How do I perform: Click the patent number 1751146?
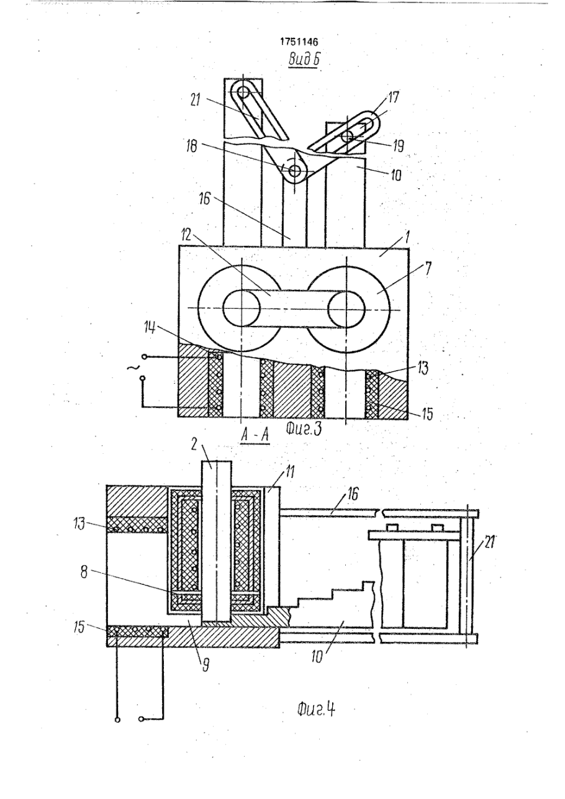299,42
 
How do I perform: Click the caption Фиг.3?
304,429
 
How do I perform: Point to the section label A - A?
255,435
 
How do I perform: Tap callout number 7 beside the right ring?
428,268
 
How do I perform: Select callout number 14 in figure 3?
150,327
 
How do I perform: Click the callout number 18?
192,145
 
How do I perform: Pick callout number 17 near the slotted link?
393,97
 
